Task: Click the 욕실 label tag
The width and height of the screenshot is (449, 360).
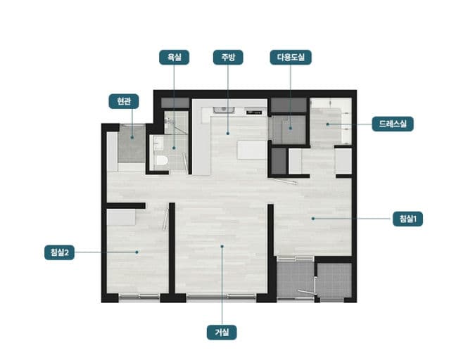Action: [x=174, y=57]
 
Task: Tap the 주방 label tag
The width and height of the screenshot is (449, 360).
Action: [x=228, y=57]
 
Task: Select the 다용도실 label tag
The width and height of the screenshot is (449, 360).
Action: [x=291, y=57]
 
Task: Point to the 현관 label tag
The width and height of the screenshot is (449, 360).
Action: [x=124, y=101]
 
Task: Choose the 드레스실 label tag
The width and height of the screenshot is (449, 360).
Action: [x=393, y=124]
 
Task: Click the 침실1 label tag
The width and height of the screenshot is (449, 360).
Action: [x=407, y=219]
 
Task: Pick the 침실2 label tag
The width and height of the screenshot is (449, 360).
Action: [x=59, y=252]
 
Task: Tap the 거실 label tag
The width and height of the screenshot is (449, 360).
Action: [x=222, y=333]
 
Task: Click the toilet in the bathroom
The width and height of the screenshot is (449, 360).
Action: [x=161, y=160]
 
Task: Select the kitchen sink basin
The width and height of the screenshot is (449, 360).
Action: [x=224, y=110]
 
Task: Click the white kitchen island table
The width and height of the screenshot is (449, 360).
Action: [x=252, y=150]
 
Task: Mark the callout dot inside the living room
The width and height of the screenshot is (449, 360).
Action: [x=222, y=246]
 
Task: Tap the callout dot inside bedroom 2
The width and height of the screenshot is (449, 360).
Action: [x=137, y=252]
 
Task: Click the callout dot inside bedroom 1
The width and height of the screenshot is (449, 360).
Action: [x=313, y=219]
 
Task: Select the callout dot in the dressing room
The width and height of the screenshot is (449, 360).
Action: [x=327, y=124]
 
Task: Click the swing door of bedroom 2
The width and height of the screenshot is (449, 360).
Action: [x=166, y=219]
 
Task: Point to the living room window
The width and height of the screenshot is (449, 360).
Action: [x=221, y=297]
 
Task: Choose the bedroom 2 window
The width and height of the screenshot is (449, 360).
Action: [x=139, y=297]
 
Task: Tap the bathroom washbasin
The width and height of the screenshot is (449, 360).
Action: [x=158, y=143]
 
